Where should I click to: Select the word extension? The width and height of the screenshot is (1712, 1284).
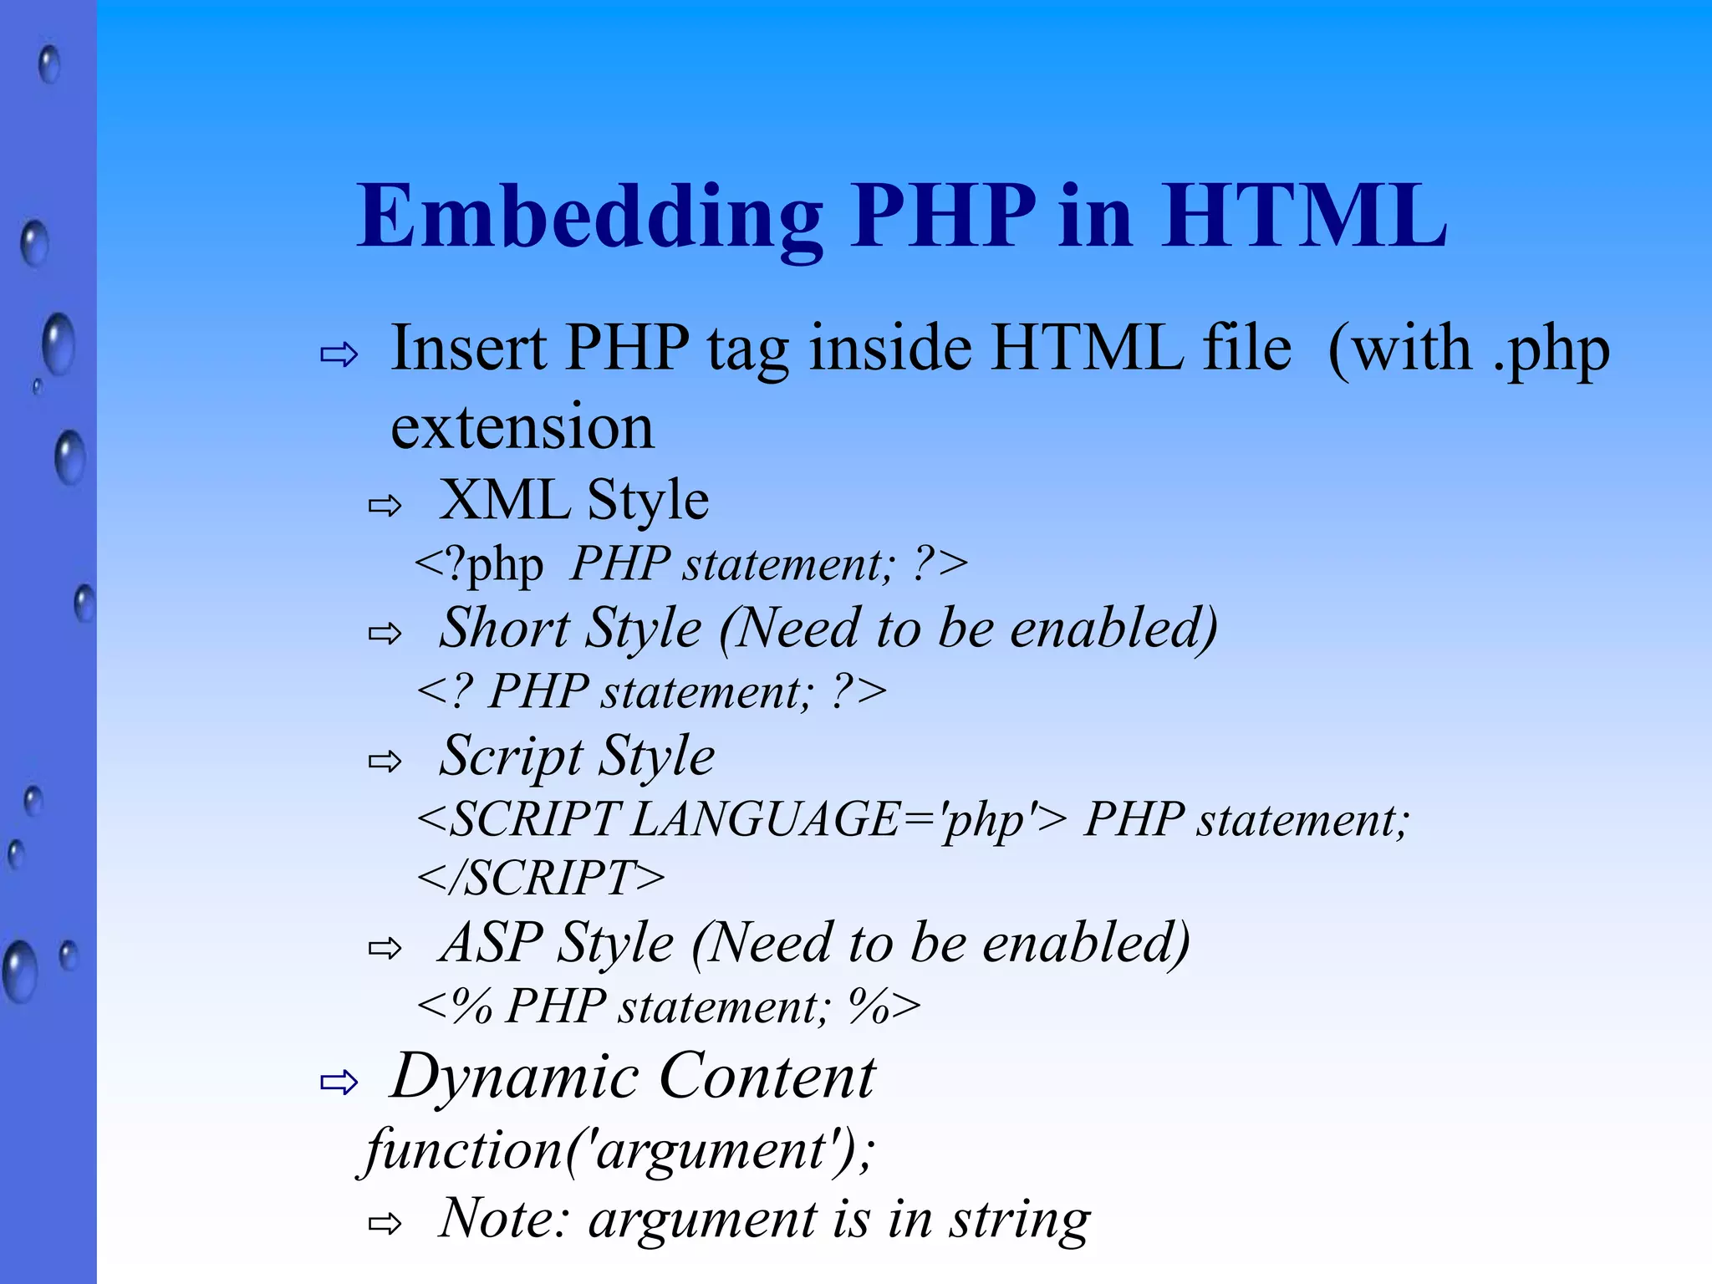[522, 427]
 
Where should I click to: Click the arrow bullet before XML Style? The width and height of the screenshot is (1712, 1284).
[385, 505]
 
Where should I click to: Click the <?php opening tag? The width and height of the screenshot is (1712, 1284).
[479, 563]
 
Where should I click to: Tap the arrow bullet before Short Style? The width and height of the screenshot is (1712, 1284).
[385, 634]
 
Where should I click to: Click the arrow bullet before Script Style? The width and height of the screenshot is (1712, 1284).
[385, 761]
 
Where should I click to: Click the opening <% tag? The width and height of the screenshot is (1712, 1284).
[455, 1006]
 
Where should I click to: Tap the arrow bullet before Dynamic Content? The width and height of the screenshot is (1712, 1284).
[339, 1083]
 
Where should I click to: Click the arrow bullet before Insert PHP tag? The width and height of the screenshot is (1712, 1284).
[339, 354]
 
